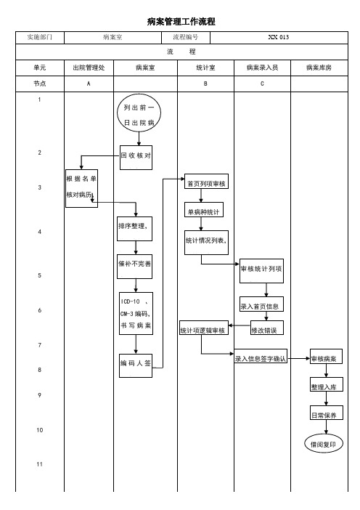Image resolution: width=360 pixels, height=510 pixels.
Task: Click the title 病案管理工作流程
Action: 181,22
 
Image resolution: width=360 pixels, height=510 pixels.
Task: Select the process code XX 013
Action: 279,37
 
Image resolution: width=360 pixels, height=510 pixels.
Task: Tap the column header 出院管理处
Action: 89,68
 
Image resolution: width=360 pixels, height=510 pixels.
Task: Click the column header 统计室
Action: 205,68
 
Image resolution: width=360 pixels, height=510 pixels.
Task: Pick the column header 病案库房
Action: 319,68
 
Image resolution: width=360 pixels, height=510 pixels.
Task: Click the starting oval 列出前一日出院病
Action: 139,113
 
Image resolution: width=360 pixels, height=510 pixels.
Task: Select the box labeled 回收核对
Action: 136,158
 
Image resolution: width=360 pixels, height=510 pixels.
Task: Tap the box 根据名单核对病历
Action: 81,188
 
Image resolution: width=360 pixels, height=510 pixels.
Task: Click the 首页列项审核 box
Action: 206,182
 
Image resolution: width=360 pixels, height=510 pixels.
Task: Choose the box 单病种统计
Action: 204,210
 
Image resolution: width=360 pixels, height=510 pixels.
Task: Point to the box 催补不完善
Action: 134,267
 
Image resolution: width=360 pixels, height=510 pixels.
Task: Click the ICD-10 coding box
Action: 136,314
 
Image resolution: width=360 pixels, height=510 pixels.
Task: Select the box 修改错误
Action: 267,328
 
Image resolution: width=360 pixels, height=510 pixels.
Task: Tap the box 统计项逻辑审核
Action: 204,328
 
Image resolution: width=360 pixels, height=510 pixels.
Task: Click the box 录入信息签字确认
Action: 261,356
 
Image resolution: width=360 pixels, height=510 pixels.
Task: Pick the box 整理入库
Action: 326,384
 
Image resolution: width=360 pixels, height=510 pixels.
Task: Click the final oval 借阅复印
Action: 324,444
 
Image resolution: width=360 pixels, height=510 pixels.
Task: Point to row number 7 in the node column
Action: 40,345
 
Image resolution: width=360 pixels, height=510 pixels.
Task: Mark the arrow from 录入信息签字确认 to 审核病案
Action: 298,359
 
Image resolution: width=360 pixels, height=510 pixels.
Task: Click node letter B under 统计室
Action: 205,84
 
